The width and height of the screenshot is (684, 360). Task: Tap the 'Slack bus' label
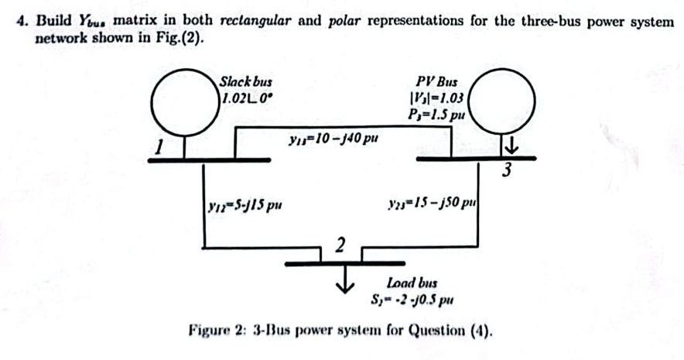point(246,81)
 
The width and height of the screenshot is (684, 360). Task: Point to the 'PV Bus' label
point(436,81)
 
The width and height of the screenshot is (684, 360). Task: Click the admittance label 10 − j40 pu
point(332,140)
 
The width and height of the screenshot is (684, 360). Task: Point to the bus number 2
point(339,246)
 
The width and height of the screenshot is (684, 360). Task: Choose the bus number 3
point(506,172)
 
